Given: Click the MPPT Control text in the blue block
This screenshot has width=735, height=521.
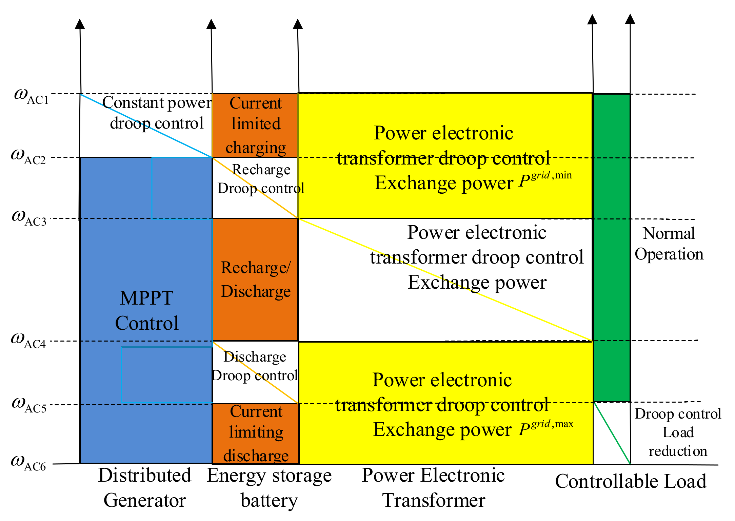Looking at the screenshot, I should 146,310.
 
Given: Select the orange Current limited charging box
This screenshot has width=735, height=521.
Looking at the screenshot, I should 255,125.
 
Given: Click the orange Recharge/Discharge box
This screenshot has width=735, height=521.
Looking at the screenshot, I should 255,279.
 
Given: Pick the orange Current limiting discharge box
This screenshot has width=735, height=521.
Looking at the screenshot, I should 255,433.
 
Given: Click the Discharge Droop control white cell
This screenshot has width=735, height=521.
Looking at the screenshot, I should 255,366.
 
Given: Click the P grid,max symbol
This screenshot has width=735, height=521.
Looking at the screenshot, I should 545,428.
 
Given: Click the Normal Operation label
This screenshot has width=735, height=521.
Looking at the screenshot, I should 669,244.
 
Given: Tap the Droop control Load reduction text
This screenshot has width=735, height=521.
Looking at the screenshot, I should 677,432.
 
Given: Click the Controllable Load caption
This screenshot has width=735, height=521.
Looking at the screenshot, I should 631,481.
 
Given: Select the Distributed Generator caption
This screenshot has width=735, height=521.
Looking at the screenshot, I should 145,488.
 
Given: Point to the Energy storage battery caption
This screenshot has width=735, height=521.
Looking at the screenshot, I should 269,488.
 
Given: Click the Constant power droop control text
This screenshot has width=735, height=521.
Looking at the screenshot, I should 157,113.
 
